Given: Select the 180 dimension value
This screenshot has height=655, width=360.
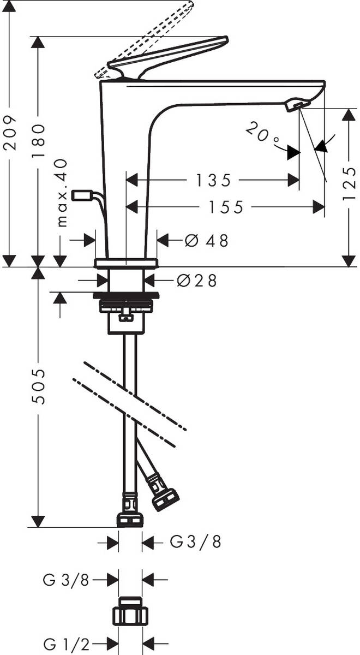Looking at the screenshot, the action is tap(38, 141).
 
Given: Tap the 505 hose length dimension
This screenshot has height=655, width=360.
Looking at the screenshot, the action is tap(38, 386).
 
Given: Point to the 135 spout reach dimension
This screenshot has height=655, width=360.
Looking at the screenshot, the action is tap(213, 180).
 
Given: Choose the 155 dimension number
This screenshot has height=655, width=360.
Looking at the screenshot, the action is tap(226, 207).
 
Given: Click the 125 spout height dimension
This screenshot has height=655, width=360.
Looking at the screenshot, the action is tap(349, 184).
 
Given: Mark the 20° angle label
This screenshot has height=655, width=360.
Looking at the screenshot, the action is tap(262, 134).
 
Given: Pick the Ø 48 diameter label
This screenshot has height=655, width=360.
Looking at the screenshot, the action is tap(206, 241).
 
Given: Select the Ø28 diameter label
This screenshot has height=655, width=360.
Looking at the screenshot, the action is tap(197, 281).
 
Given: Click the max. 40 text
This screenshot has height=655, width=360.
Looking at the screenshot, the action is tap(62, 193).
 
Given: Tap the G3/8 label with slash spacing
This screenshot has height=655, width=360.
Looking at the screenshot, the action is tap(195, 541).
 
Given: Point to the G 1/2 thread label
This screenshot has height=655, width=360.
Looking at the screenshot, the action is tap(66, 644).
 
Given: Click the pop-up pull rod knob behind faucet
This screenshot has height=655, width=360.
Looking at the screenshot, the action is tap(82, 195).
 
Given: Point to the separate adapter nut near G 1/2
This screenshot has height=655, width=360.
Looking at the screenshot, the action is tap(130, 608).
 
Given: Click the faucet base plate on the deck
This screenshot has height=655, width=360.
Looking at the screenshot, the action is tap(126, 263).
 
